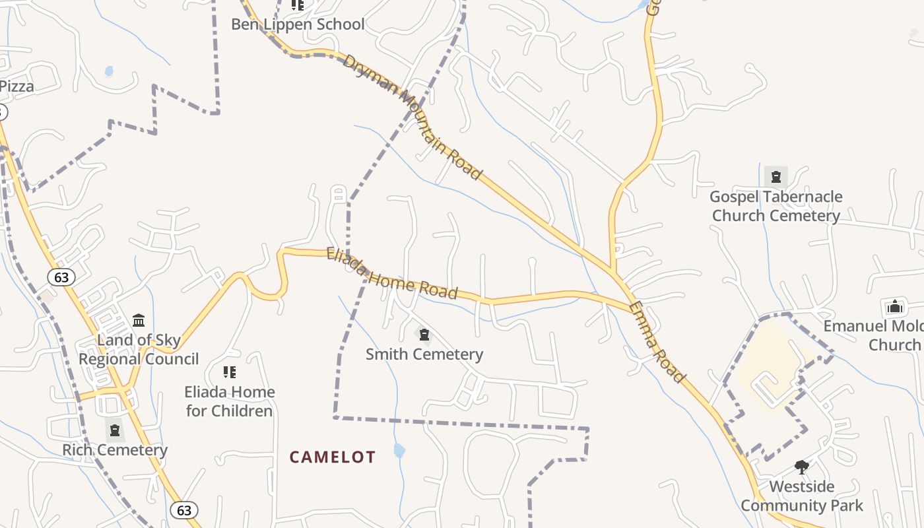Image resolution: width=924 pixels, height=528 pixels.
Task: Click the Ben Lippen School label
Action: point(297,24)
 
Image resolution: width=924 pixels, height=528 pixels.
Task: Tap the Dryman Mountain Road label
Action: point(411,116)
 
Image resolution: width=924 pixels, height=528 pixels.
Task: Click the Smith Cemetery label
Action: point(424,354)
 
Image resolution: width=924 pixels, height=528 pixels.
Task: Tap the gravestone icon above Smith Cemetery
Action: point(424,335)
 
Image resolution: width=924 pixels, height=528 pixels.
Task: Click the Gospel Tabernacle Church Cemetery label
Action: point(775,206)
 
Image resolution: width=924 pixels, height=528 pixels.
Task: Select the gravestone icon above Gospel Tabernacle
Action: point(776,176)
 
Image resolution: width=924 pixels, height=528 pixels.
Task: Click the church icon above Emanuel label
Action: point(894,306)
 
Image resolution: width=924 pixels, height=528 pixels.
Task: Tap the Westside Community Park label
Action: point(801,496)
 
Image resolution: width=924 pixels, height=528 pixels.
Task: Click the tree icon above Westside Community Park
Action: point(802,467)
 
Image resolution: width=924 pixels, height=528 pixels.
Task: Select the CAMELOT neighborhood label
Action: point(333,457)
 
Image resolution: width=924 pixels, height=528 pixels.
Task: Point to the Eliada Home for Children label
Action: point(229,401)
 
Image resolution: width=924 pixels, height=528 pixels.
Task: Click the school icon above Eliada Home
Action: point(229,372)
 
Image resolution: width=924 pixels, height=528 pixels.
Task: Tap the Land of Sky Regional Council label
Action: point(139,349)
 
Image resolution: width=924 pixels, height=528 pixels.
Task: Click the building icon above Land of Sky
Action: point(139,321)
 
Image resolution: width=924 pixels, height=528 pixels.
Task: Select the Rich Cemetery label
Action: point(115,450)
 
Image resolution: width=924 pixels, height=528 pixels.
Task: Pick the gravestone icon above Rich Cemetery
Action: point(115,430)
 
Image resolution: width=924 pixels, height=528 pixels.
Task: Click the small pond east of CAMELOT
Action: point(399,450)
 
